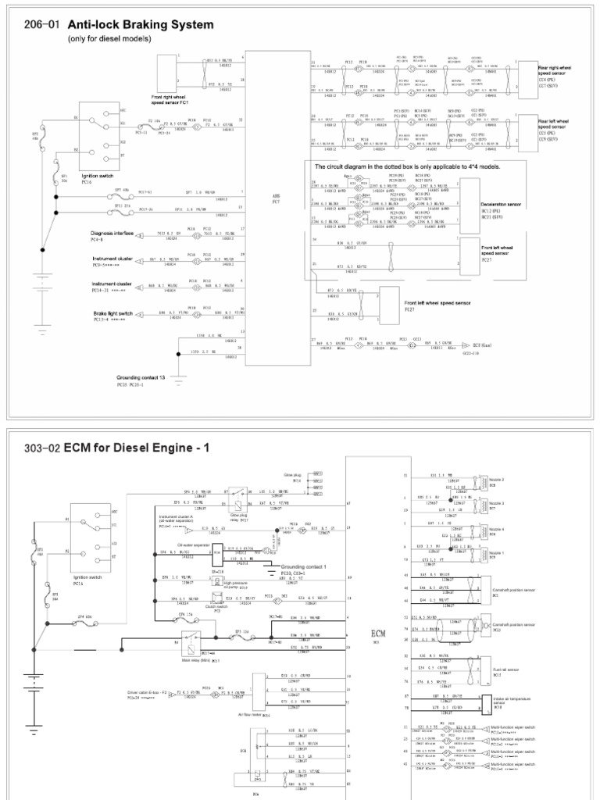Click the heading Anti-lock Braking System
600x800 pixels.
[x=141, y=25]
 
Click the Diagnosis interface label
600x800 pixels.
[x=113, y=233]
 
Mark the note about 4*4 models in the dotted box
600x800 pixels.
[x=406, y=167]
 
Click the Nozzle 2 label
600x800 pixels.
[x=497, y=479]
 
